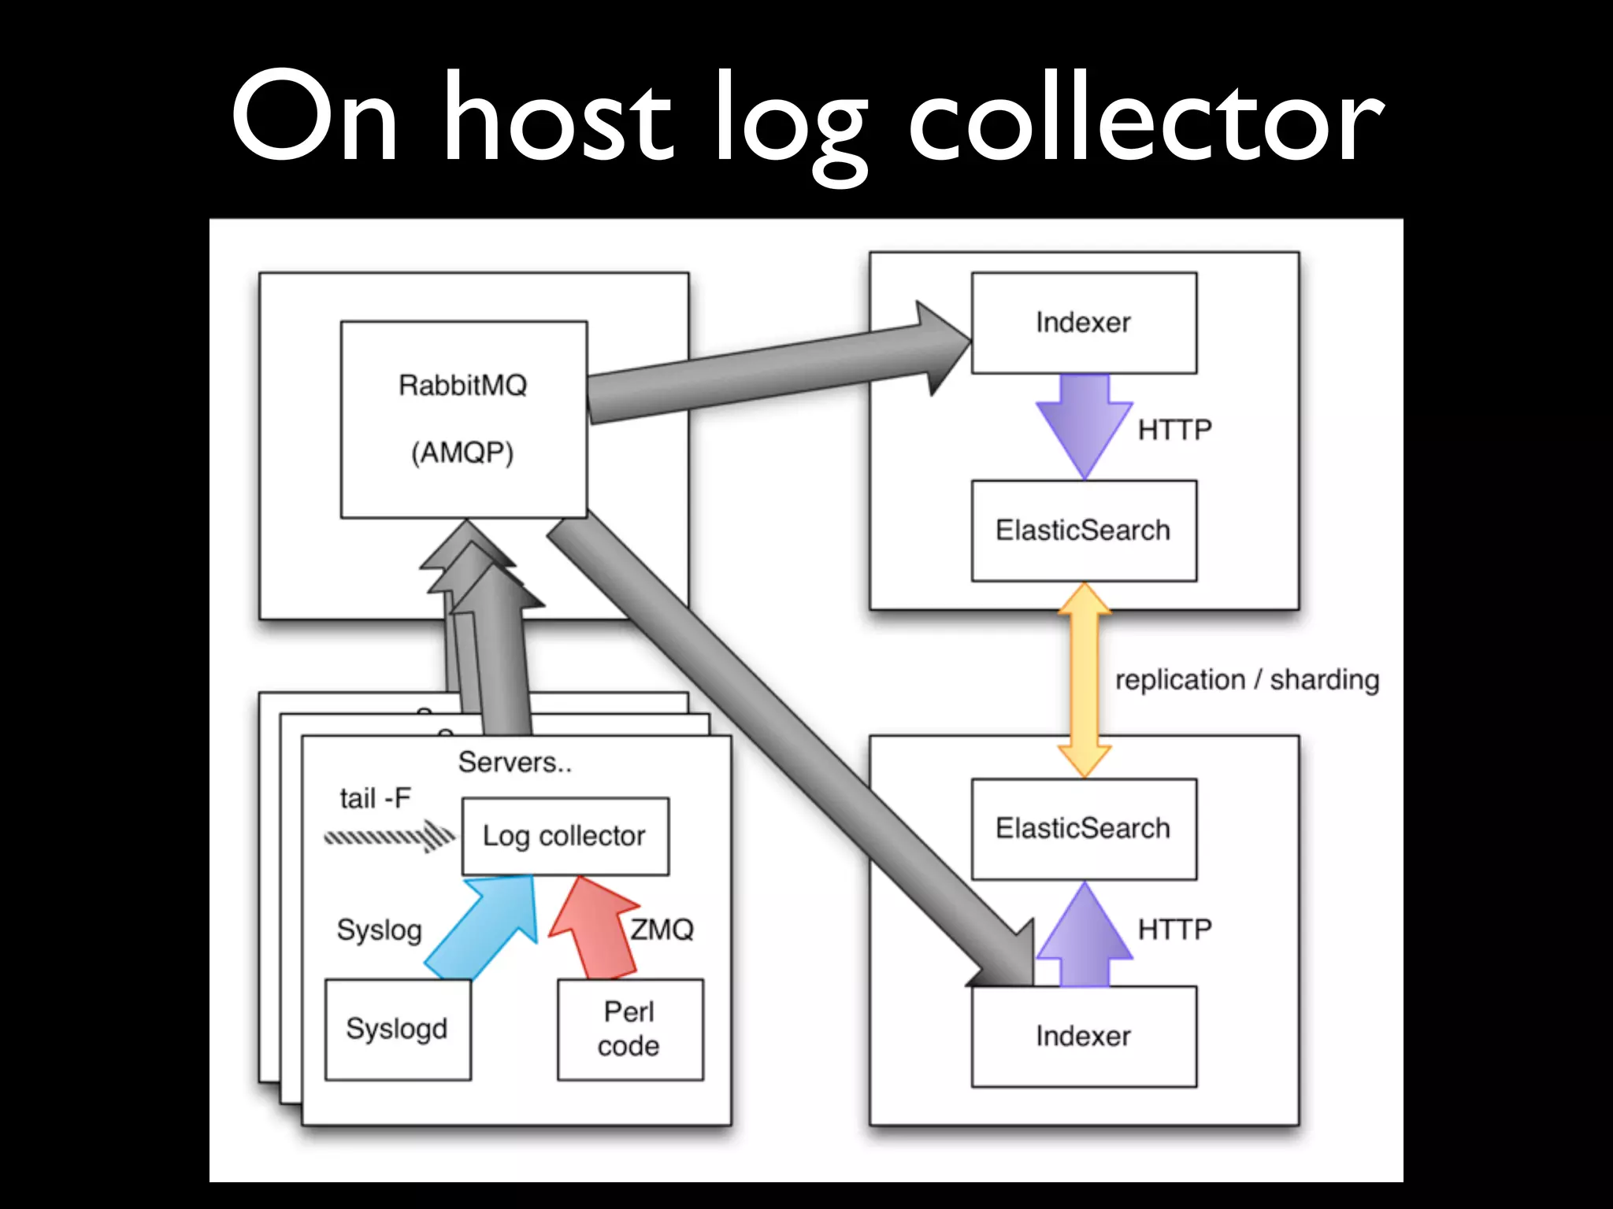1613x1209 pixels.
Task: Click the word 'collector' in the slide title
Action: [x=1146, y=118]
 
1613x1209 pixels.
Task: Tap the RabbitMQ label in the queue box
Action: [x=462, y=386]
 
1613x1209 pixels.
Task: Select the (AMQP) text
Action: [x=462, y=453]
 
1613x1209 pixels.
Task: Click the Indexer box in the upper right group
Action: [x=1084, y=323]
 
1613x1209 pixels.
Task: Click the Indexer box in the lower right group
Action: [x=1084, y=1037]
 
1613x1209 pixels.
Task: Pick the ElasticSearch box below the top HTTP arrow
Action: [x=1084, y=531]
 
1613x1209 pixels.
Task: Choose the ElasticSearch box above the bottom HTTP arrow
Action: [x=1084, y=829]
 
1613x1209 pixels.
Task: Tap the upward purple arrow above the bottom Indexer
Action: [x=1084, y=937]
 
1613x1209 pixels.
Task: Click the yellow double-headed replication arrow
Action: [x=1085, y=679]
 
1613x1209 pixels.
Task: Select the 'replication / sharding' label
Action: [x=1247, y=679]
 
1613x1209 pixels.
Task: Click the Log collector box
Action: [x=565, y=836]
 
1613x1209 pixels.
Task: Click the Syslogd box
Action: [x=398, y=1029]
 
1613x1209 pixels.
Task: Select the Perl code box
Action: [x=629, y=1029]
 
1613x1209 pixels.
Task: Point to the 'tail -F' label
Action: [x=376, y=798]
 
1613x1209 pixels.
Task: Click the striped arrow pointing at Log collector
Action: [x=390, y=836]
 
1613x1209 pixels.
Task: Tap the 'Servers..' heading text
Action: [x=515, y=762]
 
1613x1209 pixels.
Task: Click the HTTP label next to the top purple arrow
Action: [x=1174, y=430]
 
